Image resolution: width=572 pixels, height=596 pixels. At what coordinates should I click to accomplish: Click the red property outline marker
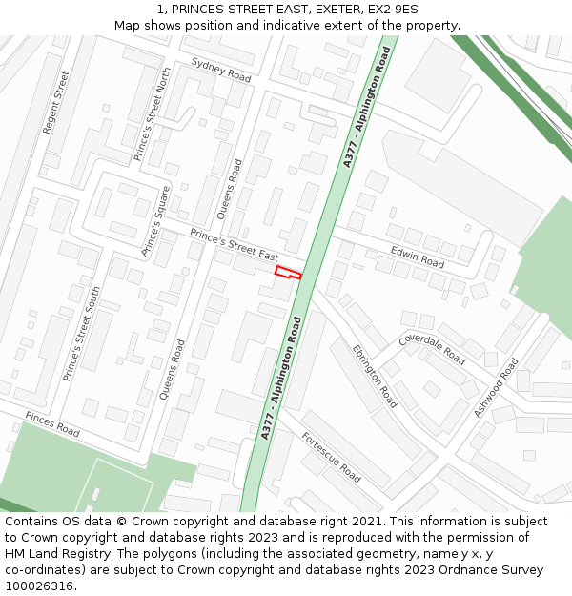coord(288,273)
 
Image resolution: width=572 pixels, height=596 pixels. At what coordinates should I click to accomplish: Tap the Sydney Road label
coord(220,69)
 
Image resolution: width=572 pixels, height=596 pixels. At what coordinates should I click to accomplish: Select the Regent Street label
coord(57,102)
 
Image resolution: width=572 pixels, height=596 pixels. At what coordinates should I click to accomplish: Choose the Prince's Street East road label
coord(234,244)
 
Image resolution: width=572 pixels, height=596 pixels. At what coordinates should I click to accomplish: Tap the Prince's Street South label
coord(81,334)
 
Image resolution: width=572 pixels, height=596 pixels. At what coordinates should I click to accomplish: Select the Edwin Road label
coord(418,257)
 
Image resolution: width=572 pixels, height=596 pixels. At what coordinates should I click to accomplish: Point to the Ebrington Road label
coord(374,376)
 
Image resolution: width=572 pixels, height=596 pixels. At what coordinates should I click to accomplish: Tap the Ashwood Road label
coord(496,387)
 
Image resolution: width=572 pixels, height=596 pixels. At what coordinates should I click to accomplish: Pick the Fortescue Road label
coord(331,457)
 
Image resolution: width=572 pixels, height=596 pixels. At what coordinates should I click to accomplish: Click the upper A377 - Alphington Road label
coord(367,108)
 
